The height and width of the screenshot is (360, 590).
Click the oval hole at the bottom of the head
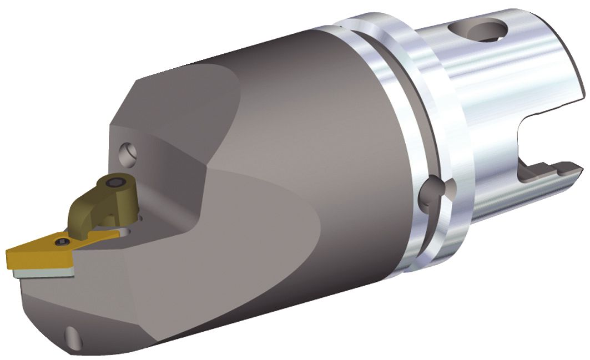[x=72, y=335]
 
